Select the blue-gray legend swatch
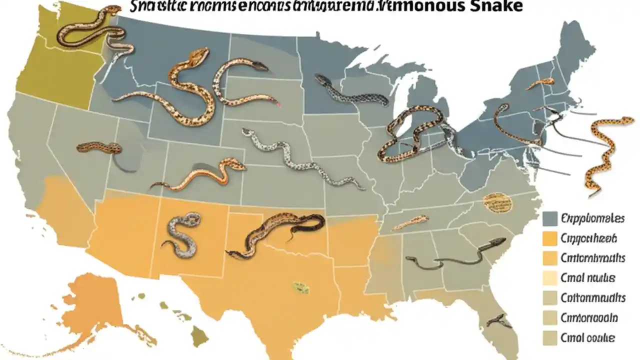click(x=549, y=219)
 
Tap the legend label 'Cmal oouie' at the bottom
click(x=588, y=337)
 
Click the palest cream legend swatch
click(x=549, y=278)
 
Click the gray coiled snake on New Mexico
click(x=181, y=233)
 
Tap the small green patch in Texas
click(x=300, y=287)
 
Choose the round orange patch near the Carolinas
click(x=498, y=201)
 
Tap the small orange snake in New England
click(x=540, y=83)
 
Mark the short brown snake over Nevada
click(x=99, y=147)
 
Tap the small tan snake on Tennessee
click(x=411, y=222)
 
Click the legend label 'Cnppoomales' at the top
click(x=592, y=219)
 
